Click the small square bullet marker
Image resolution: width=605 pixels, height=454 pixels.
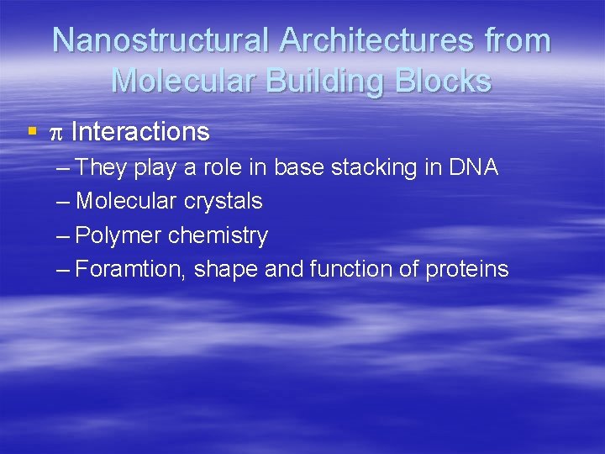coord(32,132)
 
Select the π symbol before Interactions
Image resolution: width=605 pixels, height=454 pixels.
coord(57,133)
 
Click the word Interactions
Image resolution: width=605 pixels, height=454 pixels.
coord(140,132)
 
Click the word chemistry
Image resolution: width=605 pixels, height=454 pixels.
coord(218,235)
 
